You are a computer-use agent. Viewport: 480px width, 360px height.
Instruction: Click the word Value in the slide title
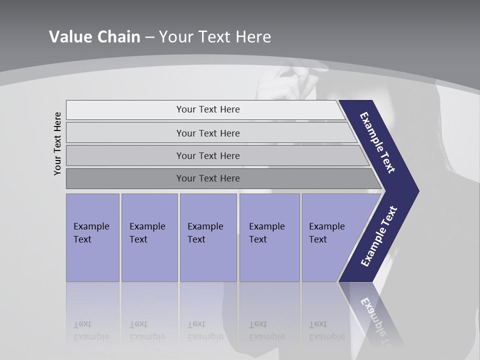click(70, 37)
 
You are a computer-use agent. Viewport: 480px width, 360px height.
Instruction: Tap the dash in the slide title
click(149, 37)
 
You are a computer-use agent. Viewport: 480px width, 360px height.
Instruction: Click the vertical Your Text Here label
click(58, 144)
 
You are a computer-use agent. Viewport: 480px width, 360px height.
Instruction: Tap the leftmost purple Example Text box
click(92, 237)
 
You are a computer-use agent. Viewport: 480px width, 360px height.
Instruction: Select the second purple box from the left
click(149, 237)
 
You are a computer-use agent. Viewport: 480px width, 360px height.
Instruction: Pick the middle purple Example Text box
click(208, 237)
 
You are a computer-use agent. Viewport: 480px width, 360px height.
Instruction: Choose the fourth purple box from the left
click(269, 237)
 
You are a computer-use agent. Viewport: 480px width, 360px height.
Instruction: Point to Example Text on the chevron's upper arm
click(377, 142)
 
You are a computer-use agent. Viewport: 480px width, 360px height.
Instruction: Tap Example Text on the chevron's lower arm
click(379, 236)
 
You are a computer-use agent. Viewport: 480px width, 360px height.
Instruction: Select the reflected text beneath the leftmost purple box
click(91, 330)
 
